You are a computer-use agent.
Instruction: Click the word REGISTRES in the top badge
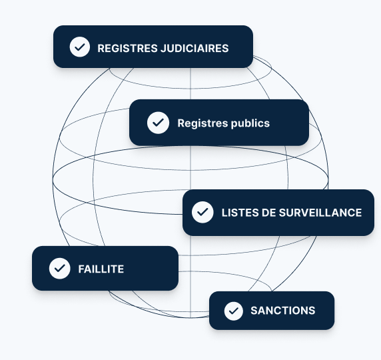tap(128, 48)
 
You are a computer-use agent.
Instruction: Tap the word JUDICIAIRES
tap(194, 48)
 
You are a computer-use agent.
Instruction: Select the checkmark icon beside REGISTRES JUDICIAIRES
tap(80, 47)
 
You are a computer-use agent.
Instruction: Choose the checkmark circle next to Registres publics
tap(158, 123)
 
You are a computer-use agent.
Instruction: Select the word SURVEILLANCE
tap(320, 213)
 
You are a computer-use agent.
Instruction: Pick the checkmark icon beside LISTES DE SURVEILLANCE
tap(202, 212)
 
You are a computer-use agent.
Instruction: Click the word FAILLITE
tap(101, 269)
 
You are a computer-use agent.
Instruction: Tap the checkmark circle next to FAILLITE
tap(60, 268)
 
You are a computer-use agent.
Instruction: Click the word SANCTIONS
tap(283, 311)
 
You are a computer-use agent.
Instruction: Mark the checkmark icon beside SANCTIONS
tap(234, 311)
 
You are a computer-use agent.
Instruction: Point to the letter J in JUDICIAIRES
tap(164, 48)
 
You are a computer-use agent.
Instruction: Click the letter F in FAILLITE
tap(81, 269)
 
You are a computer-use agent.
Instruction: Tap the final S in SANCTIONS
tap(312, 311)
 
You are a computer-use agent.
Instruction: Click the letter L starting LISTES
tap(224, 213)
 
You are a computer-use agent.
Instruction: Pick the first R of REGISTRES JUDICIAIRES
tap(101, 48)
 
